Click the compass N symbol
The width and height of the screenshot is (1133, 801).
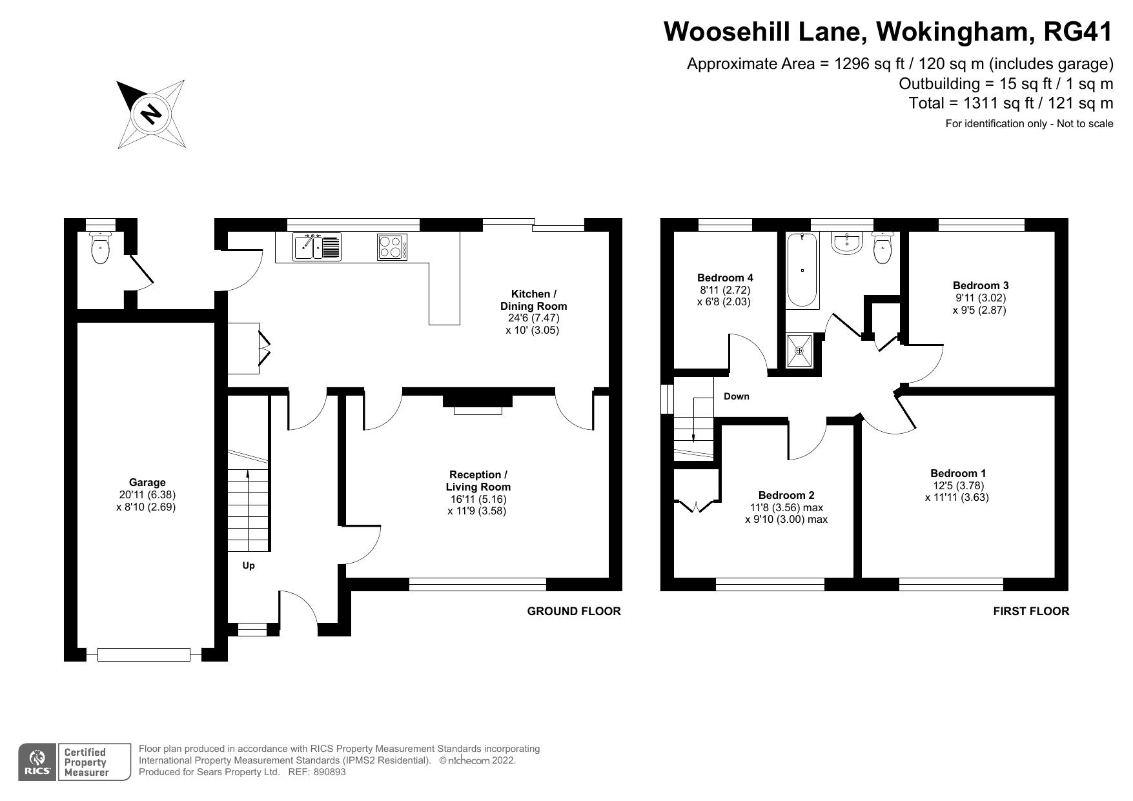(151, 114)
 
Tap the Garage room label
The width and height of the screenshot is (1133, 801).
(147, 482)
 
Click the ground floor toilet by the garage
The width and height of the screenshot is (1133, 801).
(100, 249)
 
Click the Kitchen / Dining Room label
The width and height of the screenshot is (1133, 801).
(533, 299)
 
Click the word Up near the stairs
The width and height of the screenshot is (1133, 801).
(249, 565)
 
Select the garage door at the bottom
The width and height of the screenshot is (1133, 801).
(144, 654)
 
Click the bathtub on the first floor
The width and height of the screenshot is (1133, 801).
(802, 270)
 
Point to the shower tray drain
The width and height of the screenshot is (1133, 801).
(799, 351)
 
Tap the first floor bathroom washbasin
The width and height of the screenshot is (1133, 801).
(846, 243)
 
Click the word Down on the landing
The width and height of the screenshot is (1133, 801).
(736, 396)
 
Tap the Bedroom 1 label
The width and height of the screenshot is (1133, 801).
(958, 473)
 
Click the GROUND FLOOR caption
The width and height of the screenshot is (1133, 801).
(574, 611)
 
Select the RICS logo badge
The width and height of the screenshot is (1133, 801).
(37, 762)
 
